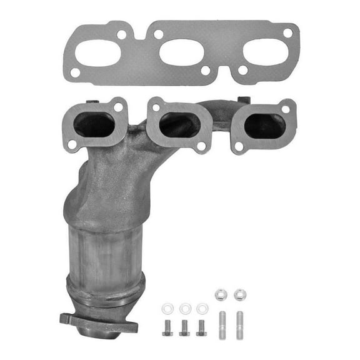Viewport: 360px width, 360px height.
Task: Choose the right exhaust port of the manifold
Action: click(x=265, y=126)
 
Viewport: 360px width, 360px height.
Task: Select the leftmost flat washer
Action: click(x=167, y=309)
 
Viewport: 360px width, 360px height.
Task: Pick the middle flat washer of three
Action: click(x=185, y=309)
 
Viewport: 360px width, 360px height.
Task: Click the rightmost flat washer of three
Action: click(x=202, y=309)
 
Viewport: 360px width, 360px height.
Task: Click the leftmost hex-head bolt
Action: click(x=167, y=327)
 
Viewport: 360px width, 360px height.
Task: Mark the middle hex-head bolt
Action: click(x=184, y=327)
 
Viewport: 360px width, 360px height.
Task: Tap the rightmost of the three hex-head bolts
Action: click(x=201, y=327)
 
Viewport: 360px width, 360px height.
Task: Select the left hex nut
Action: click(x=221, y=294)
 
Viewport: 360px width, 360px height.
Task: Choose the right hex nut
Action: click(x=239, y=294)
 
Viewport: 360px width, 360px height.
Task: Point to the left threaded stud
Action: click(x=222, y=325)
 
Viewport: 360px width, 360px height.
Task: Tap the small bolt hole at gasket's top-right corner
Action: click(x=288, y=32)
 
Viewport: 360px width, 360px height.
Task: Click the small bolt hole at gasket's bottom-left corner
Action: click(x=76, y=72)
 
